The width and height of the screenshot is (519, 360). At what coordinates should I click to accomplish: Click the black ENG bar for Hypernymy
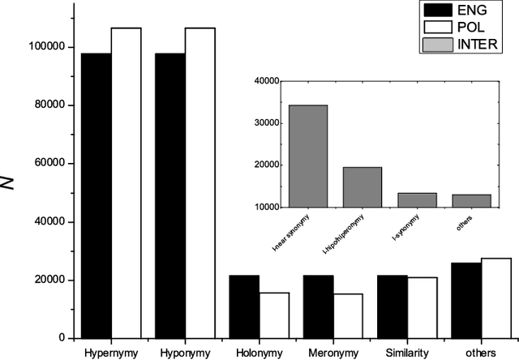pos(97,195)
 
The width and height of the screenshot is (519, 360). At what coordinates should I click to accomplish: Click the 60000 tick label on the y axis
pos(49,164)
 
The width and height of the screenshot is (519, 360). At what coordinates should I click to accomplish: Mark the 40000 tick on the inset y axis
pos(265,81)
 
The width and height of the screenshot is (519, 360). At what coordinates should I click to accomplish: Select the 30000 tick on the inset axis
pos(265,123)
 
